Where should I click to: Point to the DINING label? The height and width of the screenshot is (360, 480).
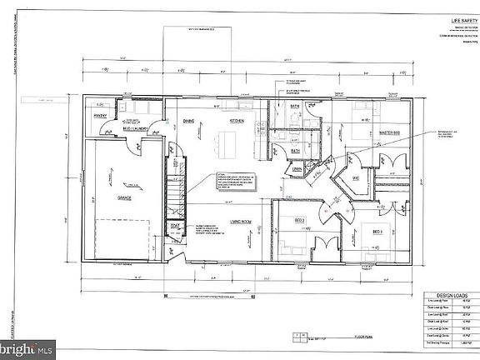[188, 122]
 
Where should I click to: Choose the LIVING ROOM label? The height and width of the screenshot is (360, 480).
[242, 220]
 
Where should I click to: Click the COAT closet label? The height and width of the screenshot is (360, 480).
[175, 225]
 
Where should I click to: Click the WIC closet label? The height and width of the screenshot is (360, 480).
[355, 178]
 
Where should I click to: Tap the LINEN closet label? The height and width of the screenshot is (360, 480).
[297, 169]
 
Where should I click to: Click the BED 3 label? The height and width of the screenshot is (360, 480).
[377, 231]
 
